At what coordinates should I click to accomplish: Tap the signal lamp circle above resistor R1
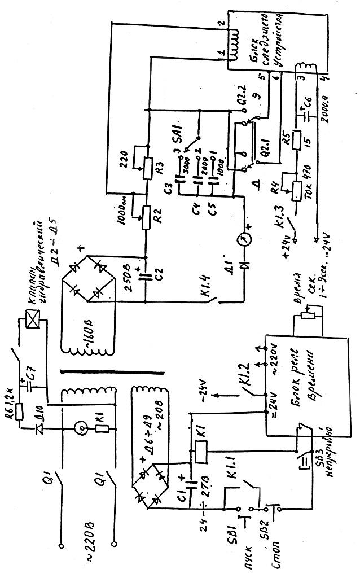[x=83, y=428]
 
